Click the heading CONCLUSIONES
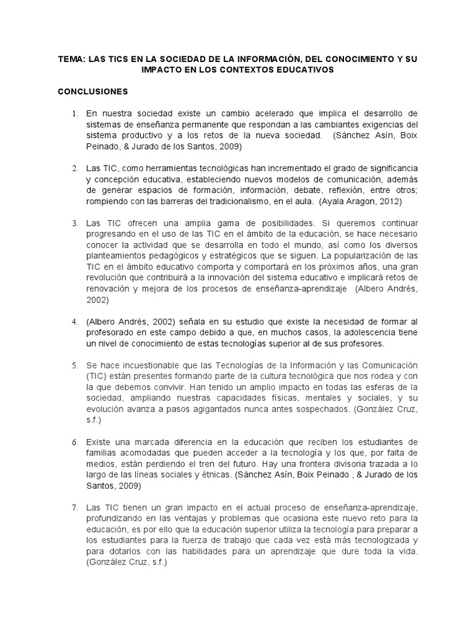92,92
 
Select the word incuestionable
161,365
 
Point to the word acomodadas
149,452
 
